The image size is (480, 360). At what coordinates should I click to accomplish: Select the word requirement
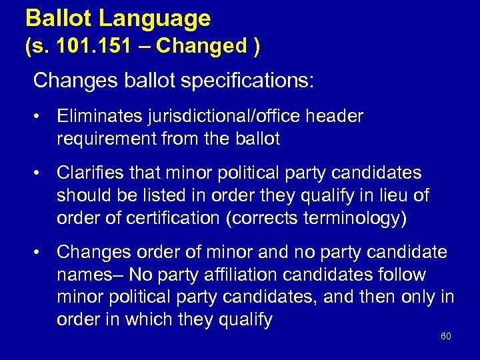click(x=108, y=139)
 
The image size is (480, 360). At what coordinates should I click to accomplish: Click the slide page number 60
click(x=445, y=336)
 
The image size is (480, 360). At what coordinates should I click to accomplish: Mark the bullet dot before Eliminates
click(x=41, y=117)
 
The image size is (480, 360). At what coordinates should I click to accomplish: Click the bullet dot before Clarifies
click(x=41, y=173)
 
